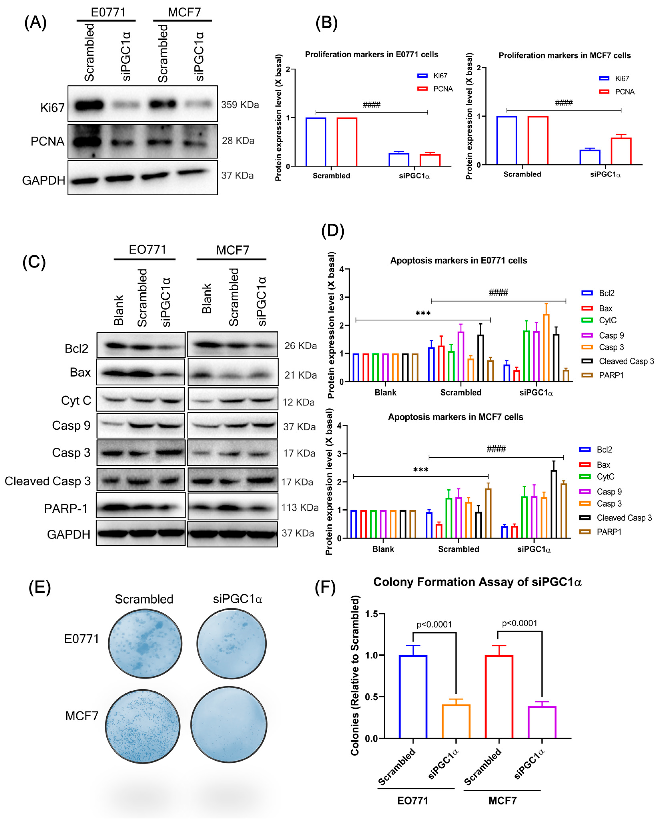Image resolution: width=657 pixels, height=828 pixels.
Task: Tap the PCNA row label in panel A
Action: pyautogui.click(x=47, y=141)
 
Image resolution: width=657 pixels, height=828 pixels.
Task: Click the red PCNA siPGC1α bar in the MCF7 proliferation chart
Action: pyautogui.click(x=621, y=151)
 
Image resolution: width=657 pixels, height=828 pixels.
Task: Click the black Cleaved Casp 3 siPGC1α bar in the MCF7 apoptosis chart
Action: pyautogui.click(x=554, y=504)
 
